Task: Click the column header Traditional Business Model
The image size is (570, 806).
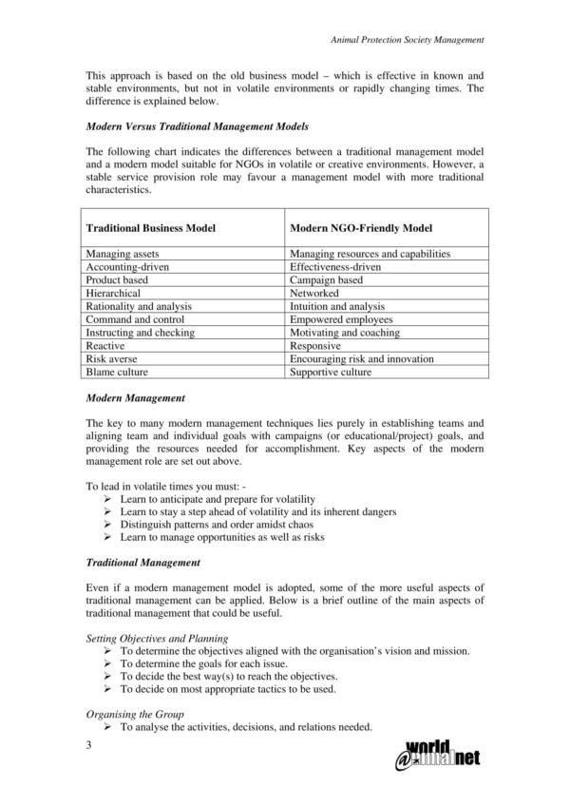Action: tap(151, 228)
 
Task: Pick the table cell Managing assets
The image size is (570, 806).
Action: tap(123, 254)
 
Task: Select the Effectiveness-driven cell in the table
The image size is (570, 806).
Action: tap(335, 267)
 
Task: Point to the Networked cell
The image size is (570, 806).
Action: tap(314, 294)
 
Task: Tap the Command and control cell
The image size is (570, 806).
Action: tap(130, 320)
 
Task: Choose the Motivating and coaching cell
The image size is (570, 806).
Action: tap(345, 334)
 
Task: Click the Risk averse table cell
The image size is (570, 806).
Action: tap(111, 360)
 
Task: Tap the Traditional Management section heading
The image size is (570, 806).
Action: tap(142, 563)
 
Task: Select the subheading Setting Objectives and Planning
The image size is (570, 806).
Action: tap(157, 638)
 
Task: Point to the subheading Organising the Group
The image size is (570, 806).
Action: tap(135, 714)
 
